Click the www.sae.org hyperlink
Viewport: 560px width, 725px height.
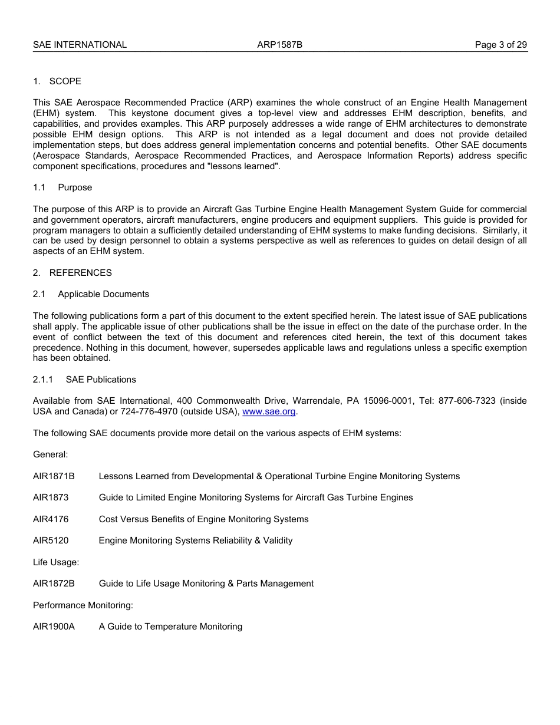(x=269, y=411)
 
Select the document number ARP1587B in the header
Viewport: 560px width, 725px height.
(x=279, y=45)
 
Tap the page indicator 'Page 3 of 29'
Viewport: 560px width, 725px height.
(x=500, y=45)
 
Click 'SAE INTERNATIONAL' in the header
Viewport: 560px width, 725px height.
(x=80, y=45)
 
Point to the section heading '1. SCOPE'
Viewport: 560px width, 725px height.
(x=57, y=81)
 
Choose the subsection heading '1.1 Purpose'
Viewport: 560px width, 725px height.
(x=62, y=187)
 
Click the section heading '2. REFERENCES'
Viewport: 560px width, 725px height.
(x=72, y=273)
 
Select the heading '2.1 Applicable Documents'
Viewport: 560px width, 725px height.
(x=91, y=294)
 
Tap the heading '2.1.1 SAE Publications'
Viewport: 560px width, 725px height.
(x=84, y=380)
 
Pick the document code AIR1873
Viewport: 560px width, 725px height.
(x=51, y=497)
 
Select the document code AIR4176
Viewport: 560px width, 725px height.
(x=51, y=519)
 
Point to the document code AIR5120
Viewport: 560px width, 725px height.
(x=51, y=541)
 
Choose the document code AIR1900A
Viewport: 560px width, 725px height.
(x=54, y=627)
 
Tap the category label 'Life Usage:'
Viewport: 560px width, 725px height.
(x=56, y=562)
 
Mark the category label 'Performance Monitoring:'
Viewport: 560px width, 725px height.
(x=83, y=605)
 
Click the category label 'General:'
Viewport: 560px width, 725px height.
(x=50, y=454)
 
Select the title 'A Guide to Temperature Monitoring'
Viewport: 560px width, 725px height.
(x=170, y=627)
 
